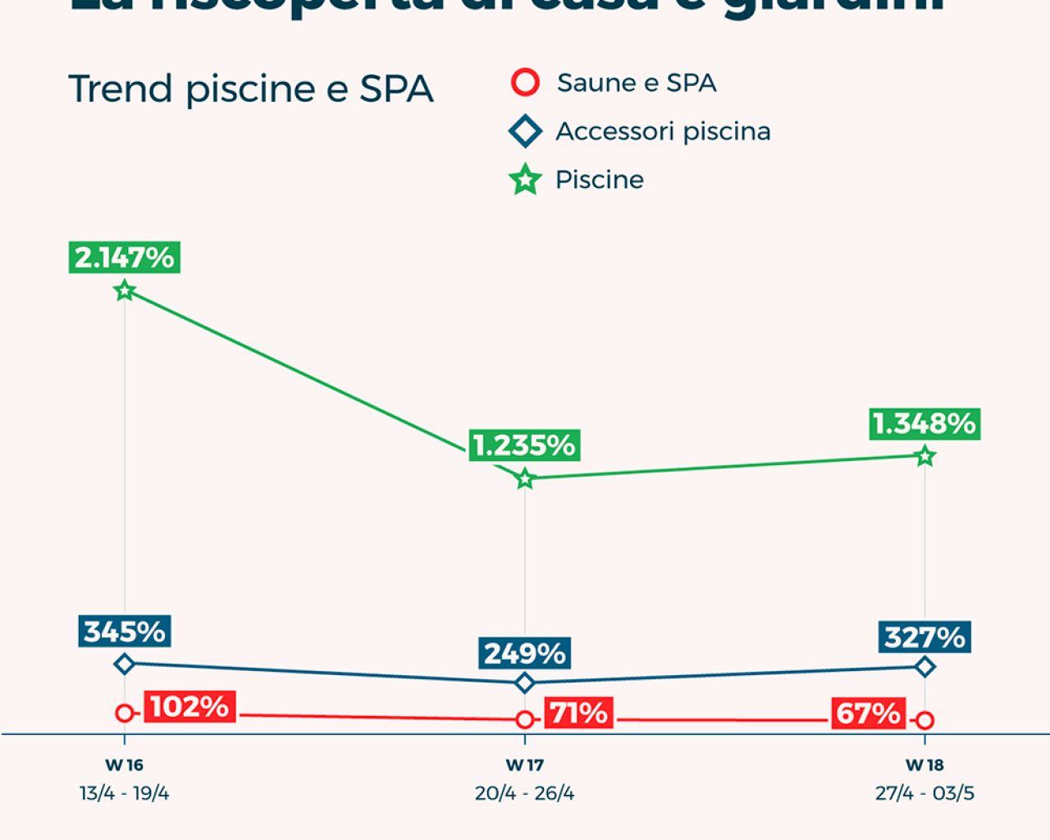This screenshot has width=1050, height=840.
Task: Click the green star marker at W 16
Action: [x=125, y=290]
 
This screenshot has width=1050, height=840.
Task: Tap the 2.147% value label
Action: [x=125, y=258]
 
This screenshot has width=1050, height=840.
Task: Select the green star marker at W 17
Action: [x=525, y=478]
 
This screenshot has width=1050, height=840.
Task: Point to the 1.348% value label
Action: [x=924, y=424]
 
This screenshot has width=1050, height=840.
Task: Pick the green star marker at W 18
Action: [x=925, y=456]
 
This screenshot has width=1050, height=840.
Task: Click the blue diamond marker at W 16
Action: [x=125, y=664]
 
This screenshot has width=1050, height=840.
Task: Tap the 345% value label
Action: [x=125, y=631]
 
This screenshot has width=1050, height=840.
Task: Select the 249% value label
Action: [x=525, y=653]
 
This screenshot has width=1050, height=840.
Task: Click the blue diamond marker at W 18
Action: [x=925, y=668]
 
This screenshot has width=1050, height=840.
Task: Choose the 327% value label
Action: [x=925, y=637]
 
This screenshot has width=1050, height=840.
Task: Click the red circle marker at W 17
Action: [x=525, y=719]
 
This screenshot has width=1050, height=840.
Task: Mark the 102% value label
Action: [x=189, y=706]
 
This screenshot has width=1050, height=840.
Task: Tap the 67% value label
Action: [x=868, y=713]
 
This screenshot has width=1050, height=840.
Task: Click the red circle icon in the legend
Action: [x=525, y=83]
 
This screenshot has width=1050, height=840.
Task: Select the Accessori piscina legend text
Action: [x=663, y=131]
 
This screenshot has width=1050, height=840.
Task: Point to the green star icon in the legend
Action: [x=525, y=180]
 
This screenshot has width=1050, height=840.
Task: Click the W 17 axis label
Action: [x=525, y=765]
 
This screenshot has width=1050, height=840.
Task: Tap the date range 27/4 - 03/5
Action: [x=924, y=793]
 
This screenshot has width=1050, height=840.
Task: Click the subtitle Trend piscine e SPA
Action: [x=251, y=89]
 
